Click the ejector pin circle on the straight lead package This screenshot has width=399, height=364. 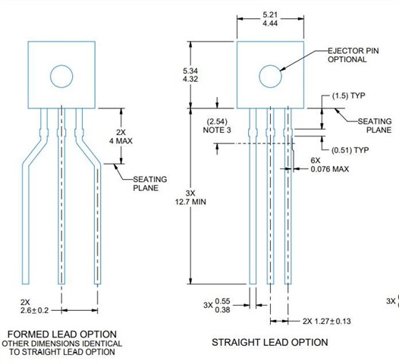click(x=270, y=75)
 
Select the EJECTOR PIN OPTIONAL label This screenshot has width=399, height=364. click(x=351, y=55)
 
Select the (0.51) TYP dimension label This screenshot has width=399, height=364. click(x=351, y=149)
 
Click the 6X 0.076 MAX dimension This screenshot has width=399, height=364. click(x=328, y=165)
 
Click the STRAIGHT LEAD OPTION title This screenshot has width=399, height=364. click(x=270, y=342)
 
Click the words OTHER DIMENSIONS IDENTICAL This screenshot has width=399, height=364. click(x=61, y=344)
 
